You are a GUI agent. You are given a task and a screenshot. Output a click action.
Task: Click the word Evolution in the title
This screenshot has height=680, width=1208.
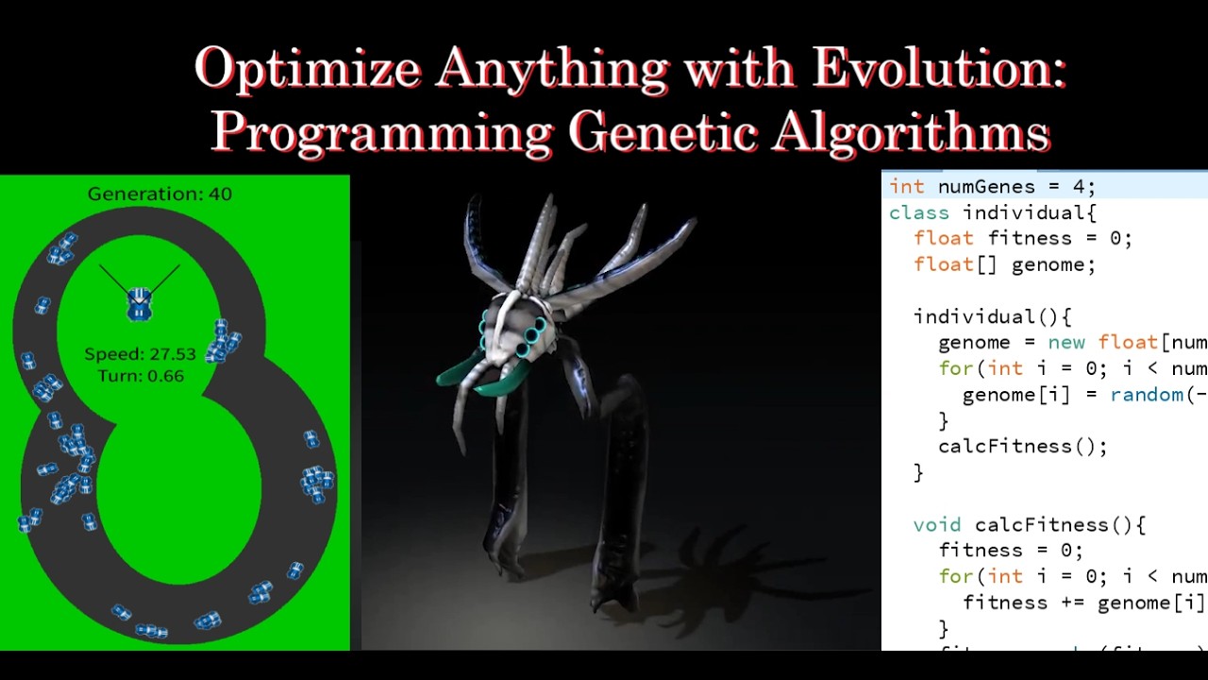[x=938, y=69]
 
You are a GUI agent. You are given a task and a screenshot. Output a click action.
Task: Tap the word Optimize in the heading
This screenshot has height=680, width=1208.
[x=308, y=69]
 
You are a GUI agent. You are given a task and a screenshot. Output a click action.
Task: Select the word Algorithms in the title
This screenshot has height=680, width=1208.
[x=911, y=132]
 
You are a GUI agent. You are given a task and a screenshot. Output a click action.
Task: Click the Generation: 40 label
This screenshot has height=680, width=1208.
[x=159, y=194]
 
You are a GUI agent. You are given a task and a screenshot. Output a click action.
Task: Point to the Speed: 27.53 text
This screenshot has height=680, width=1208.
[x=140, y=354]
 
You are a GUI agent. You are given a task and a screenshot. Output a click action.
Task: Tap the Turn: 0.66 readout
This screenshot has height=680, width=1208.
[x=140, y=376]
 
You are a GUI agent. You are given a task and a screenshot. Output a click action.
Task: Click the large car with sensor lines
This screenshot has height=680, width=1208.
[x=140, y=303]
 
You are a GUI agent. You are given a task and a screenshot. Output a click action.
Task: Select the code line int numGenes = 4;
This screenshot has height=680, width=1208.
[x=991, y=187]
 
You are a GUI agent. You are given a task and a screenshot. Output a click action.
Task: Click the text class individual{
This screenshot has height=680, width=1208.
[x=993, y=212]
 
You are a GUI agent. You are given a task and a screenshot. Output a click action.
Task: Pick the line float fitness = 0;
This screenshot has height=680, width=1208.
[x=1022, y=238]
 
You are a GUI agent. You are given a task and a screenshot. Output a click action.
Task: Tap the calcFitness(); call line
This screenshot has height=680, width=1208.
[x=1022, y=446]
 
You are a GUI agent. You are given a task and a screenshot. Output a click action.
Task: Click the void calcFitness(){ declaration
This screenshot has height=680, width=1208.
[x=1029, y=524]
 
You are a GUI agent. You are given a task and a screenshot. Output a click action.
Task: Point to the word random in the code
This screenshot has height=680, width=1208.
[x=1148, y=395]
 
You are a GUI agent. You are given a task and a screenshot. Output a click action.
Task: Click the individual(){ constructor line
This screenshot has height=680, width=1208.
[x=992, y=316]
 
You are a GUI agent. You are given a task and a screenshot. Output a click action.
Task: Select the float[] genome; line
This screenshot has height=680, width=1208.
[x=1004, y=264]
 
